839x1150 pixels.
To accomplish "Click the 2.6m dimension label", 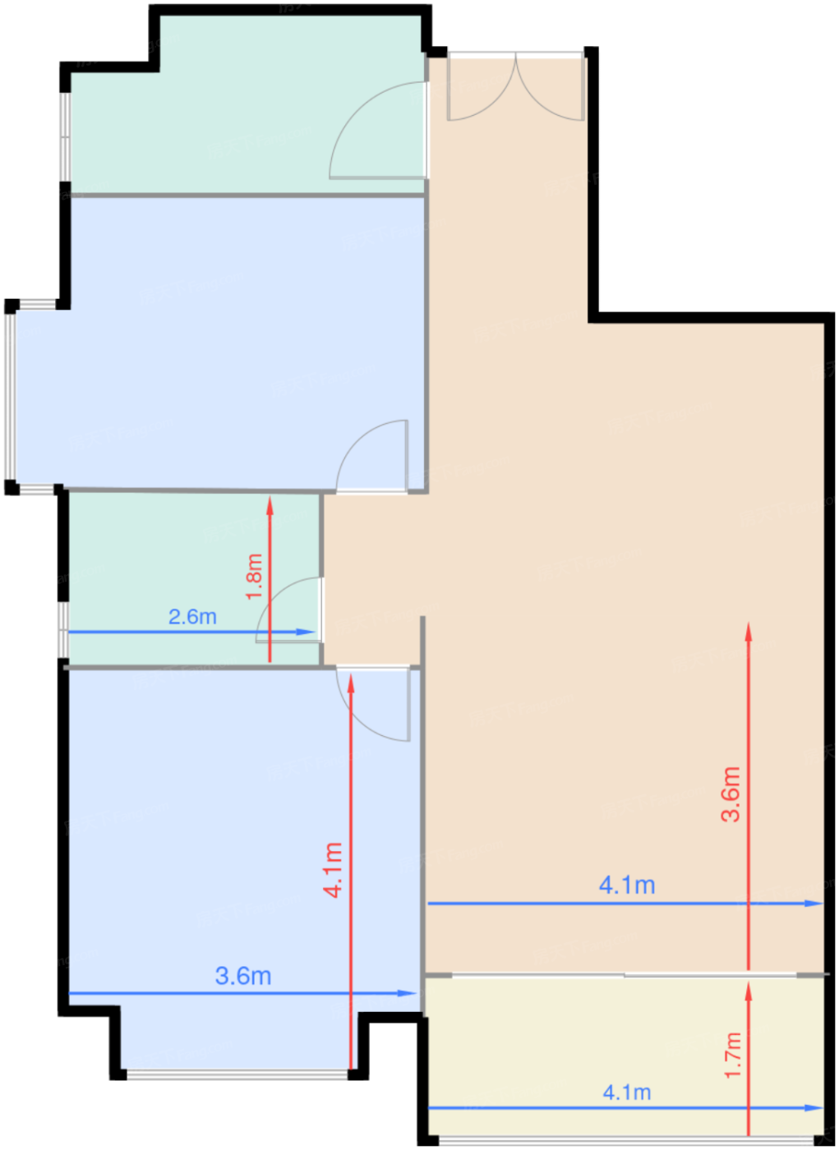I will (192, 616).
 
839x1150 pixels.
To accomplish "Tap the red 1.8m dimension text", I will (255, 577).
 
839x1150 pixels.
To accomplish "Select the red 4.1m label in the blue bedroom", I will (333, 869).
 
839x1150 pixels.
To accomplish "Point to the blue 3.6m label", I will (243, 976).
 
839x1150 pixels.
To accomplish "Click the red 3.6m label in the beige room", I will (731, 793).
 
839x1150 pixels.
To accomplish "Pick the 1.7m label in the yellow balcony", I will (733, 1055).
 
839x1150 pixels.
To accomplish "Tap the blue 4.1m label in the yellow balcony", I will (627, 1092).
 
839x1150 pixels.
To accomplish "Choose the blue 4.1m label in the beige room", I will (627, 885).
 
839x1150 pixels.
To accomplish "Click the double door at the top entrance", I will (516, 86).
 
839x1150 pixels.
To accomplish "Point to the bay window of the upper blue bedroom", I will (11, 397).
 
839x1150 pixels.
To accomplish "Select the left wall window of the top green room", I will (66, 136).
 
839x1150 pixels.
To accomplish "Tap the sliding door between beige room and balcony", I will (625, 975).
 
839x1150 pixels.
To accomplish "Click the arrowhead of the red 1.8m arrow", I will (270, 503).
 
